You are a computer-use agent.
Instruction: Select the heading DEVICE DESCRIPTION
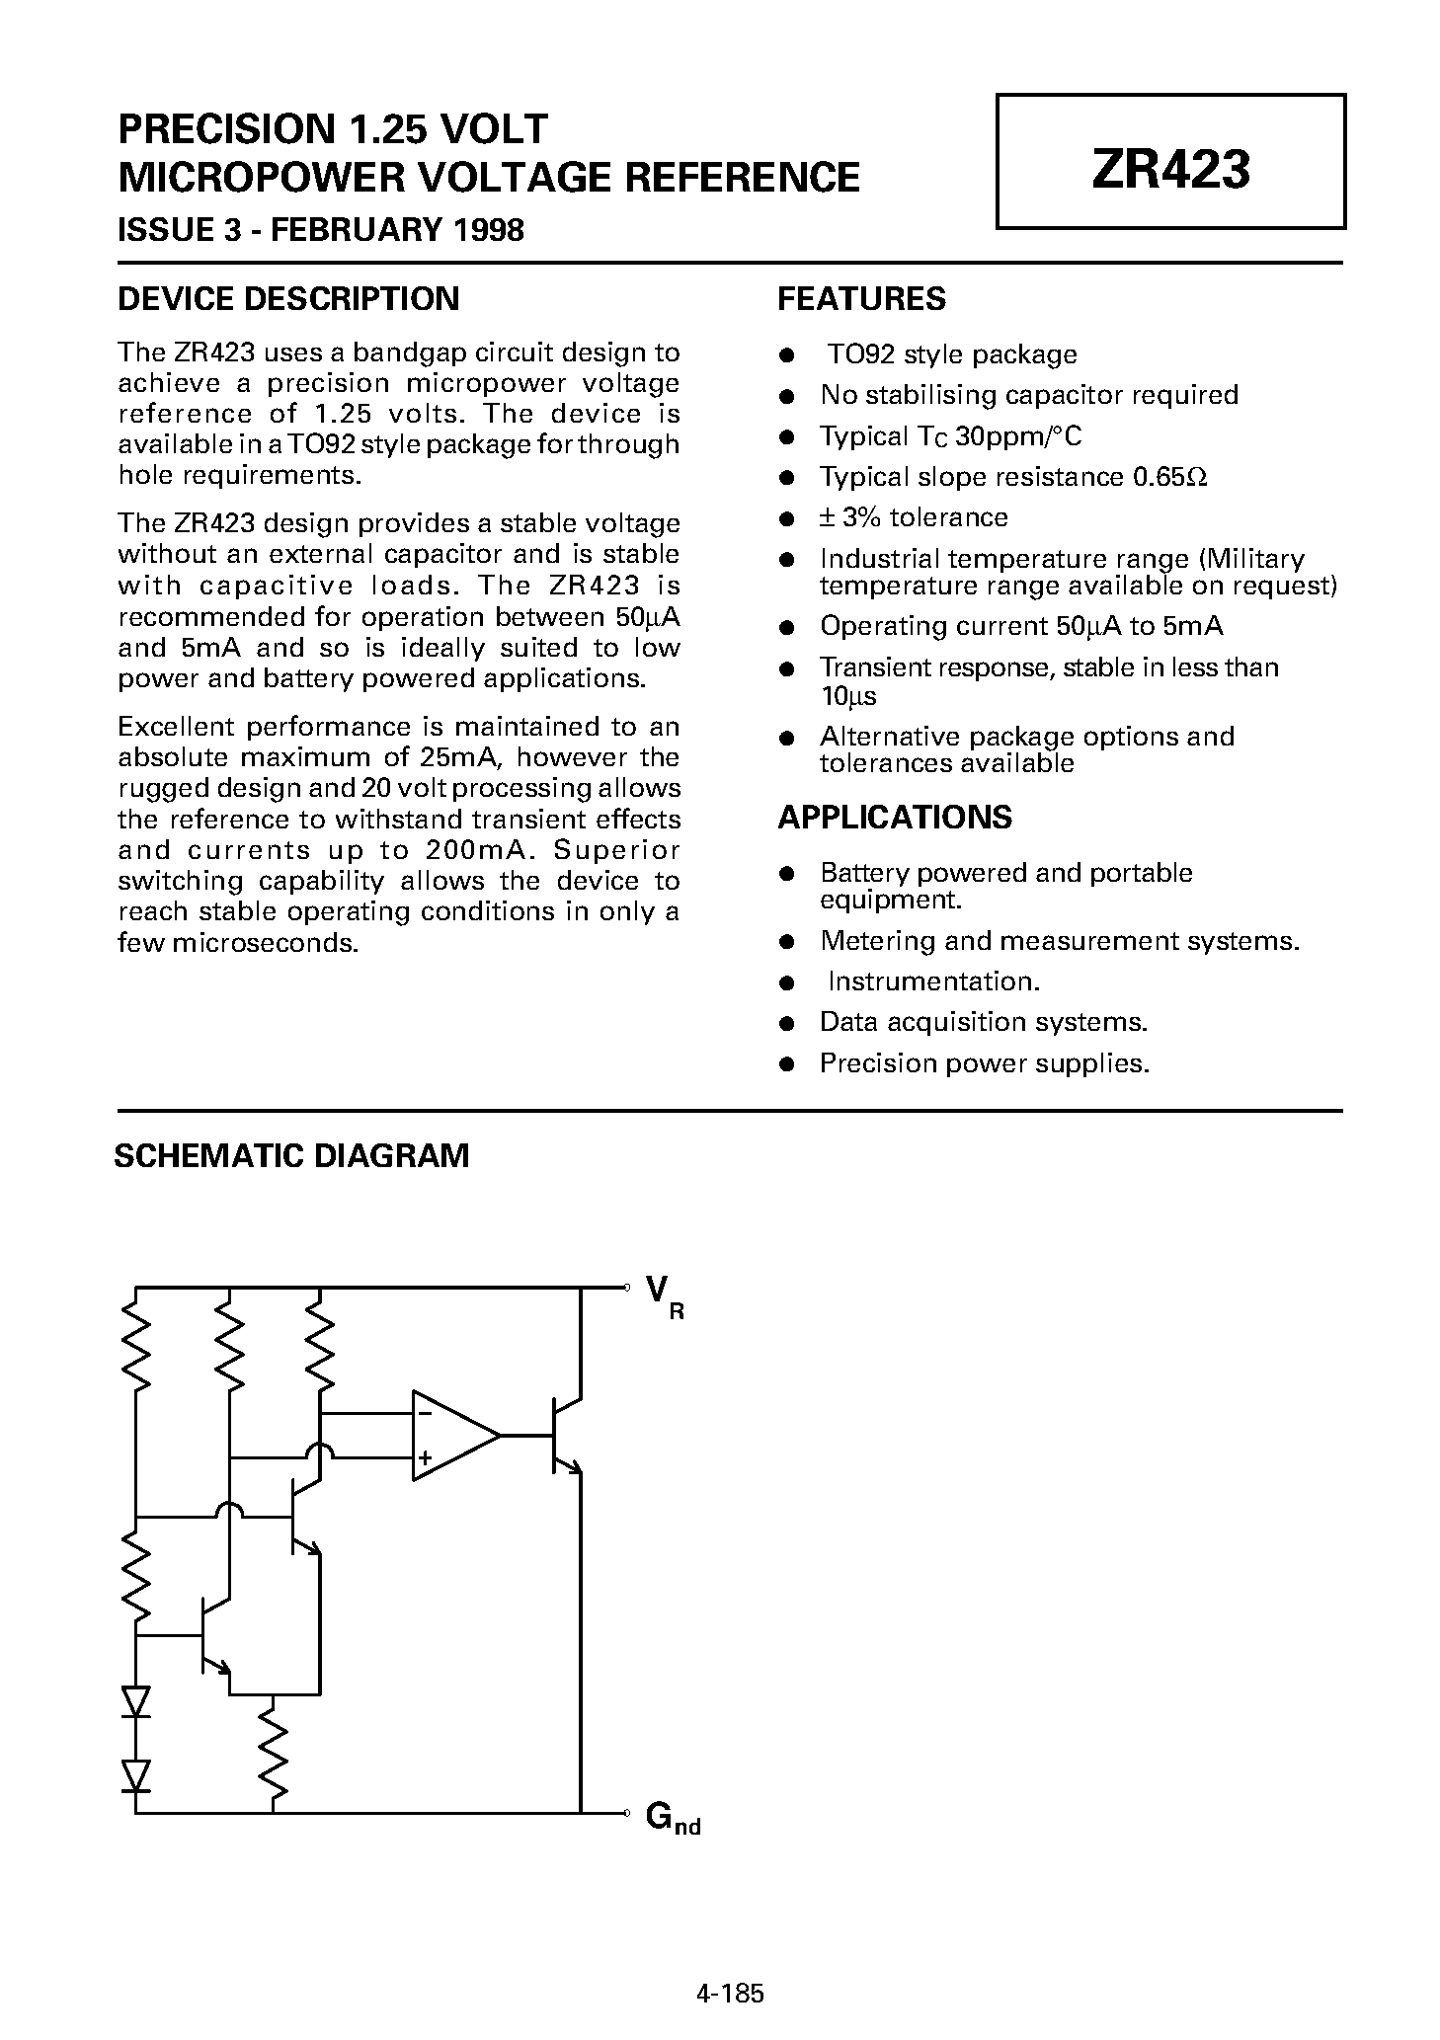[288, 299]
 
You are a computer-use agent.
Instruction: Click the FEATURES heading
[861, 299]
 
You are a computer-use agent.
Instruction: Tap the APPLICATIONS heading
[895, 818]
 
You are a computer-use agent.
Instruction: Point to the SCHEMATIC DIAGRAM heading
[291, 1155]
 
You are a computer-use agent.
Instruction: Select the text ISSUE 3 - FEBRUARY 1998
[321, 230]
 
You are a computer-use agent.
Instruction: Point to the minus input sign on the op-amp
[425, 1413]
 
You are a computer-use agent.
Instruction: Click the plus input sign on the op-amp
[425, 1456]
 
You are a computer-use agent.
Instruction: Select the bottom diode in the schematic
[136, 1774]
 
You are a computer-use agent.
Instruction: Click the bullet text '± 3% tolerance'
[914, 517]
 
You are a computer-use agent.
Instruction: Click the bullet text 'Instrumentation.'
[933, 981]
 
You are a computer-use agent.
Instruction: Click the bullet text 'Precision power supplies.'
[985, 1063]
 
